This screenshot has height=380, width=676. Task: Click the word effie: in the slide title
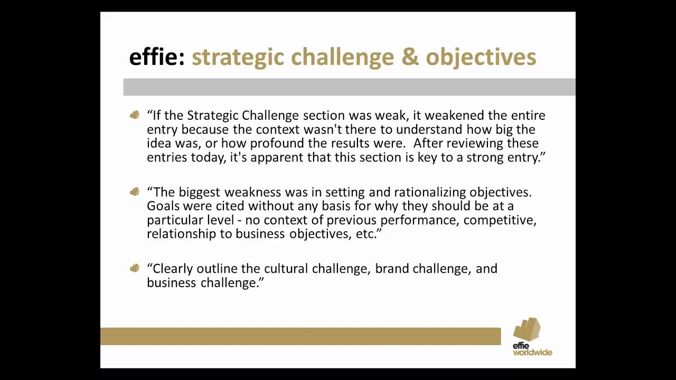click(157, 57)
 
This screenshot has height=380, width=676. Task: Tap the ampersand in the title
click(409, 57)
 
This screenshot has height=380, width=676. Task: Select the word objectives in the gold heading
click(481, 57)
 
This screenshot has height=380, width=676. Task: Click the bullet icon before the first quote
click(135, 115)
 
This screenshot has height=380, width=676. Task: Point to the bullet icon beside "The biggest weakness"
click(135, 192)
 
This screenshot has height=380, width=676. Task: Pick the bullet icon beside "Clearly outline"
click(135, 268)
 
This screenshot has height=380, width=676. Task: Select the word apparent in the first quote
click(275, 157)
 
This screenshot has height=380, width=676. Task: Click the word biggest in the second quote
click(199, 192)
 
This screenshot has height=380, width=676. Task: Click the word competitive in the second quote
click(499, 220)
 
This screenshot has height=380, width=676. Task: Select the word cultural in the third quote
click(286, 269)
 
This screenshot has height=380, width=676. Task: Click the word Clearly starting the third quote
click(173, 269)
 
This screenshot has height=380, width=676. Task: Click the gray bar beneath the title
click(349, 87)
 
